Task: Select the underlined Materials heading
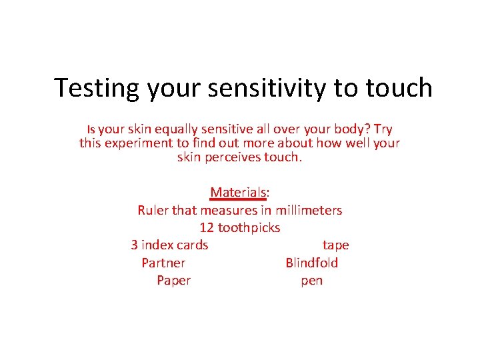coord(239,193)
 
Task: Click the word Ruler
coord(153,210)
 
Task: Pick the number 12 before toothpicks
coord(207,227)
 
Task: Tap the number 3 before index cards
coord(135,245)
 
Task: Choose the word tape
coord(335,245)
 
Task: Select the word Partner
coord(163,263)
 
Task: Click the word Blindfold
coord(311,263)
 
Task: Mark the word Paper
coord(173,280)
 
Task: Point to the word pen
coord(311,280)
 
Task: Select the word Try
coord(382,129)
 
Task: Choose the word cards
coord(193,245)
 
